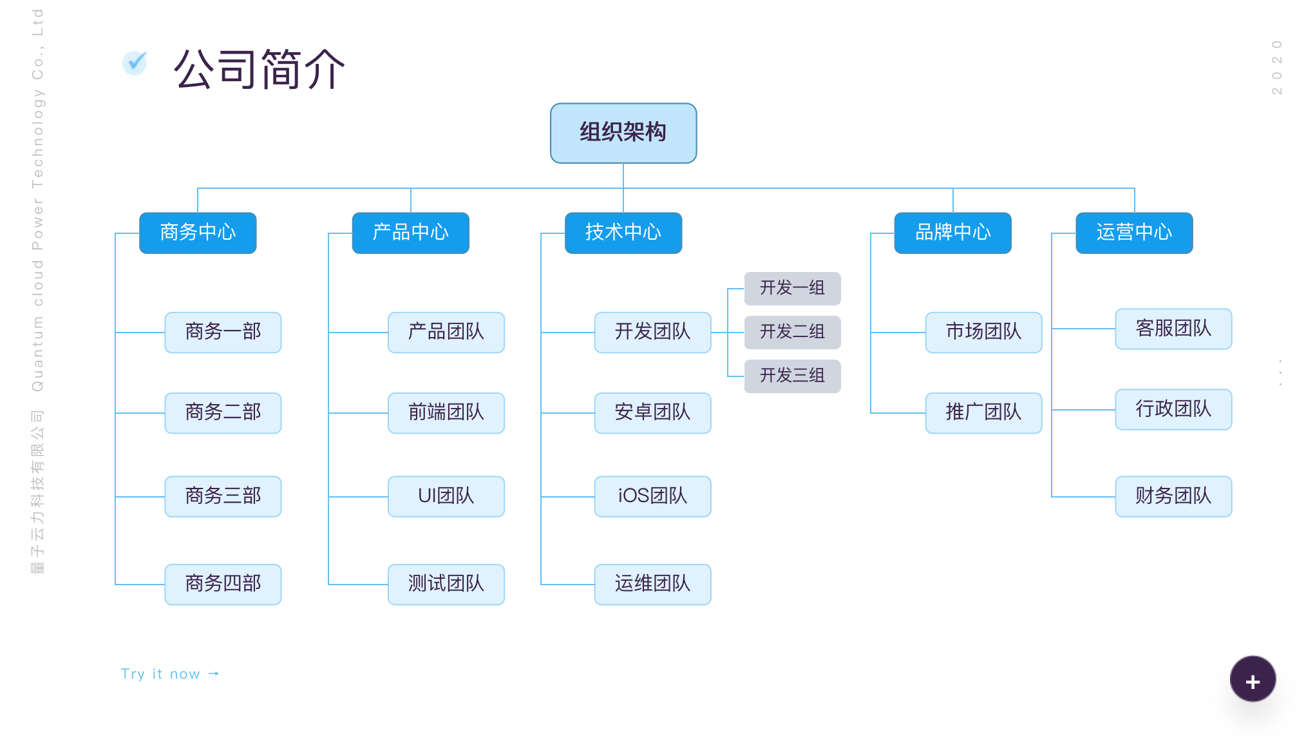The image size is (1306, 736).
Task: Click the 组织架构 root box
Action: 623,133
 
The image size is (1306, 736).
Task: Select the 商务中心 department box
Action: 198,233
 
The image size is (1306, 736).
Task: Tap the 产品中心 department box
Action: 411,233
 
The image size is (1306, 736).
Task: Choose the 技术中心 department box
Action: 623,233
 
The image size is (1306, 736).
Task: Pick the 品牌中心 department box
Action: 953,233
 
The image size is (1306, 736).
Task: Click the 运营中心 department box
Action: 1135,233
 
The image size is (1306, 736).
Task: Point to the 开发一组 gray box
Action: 793,288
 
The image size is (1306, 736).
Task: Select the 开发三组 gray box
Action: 793,376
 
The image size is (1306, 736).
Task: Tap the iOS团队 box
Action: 653,496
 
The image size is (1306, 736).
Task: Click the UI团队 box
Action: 446,496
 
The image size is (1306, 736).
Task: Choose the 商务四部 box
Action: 223,585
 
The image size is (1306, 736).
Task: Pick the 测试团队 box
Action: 446,585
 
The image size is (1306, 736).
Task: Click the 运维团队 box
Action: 653,585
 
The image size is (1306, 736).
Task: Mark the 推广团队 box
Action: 984,413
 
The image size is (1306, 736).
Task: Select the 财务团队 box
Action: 1174,496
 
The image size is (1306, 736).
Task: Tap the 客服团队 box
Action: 1174,329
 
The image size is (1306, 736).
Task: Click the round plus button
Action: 1253,679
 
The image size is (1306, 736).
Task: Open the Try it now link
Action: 170,674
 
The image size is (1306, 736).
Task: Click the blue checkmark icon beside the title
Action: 135,63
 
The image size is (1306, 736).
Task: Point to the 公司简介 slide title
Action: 260,68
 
